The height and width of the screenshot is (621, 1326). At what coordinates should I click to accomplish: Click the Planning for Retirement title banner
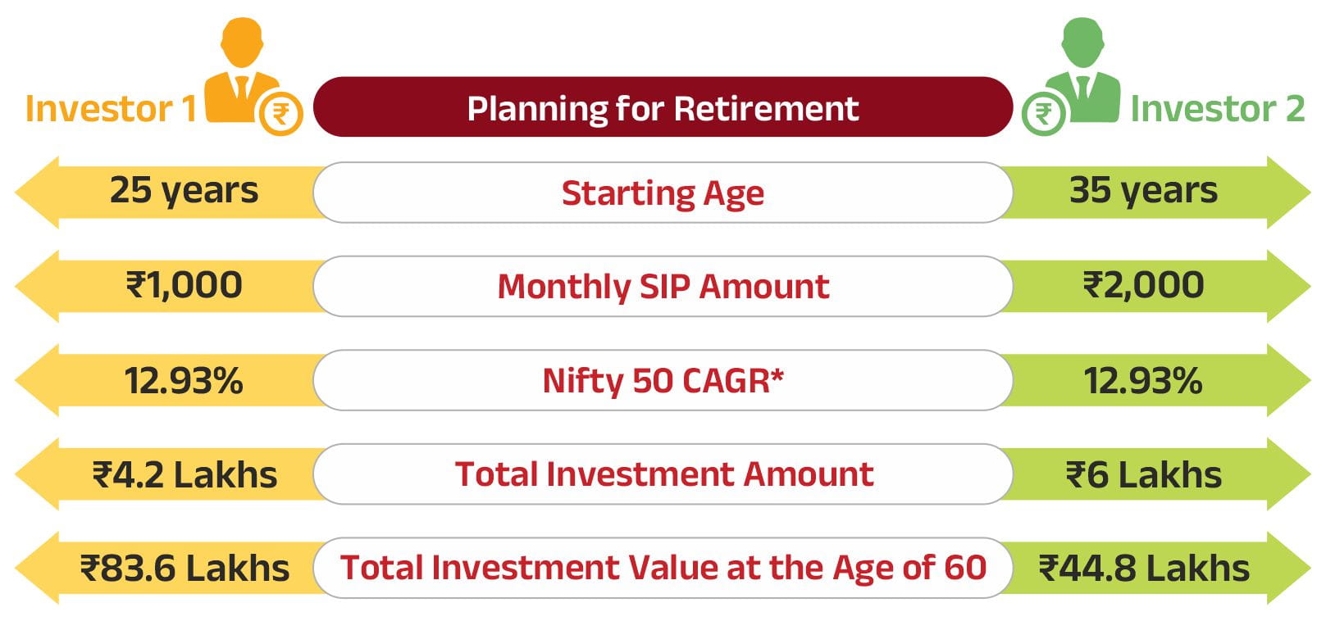663,107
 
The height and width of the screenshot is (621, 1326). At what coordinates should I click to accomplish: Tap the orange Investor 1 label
111,109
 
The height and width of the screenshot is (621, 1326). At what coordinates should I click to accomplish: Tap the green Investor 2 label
1218,109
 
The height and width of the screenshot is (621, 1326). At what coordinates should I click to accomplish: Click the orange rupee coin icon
281,114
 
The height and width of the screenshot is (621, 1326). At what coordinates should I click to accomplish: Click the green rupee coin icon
1044,114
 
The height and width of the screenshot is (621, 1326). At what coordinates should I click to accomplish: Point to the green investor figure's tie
1082,88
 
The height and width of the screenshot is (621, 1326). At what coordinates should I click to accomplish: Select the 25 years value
185,191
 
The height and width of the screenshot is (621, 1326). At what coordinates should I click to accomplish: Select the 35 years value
1144,191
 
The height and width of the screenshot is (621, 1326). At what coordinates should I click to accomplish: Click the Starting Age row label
663,193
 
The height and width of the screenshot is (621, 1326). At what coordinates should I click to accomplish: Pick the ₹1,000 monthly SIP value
185,285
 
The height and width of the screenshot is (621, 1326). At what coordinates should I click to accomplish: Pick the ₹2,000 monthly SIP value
1144,285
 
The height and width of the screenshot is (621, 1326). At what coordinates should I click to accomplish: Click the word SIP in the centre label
665,287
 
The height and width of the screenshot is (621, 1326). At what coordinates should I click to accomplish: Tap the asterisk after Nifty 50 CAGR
777,374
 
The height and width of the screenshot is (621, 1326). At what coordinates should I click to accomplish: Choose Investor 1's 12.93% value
184,380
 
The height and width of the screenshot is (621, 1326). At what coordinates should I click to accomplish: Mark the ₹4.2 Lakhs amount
185,475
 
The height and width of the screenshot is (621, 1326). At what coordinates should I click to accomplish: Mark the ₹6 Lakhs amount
1144,475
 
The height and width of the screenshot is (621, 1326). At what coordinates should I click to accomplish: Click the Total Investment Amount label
664,474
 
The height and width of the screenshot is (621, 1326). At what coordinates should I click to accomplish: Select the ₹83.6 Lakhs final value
185,569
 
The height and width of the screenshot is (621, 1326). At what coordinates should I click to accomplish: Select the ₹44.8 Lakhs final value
1144,569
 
